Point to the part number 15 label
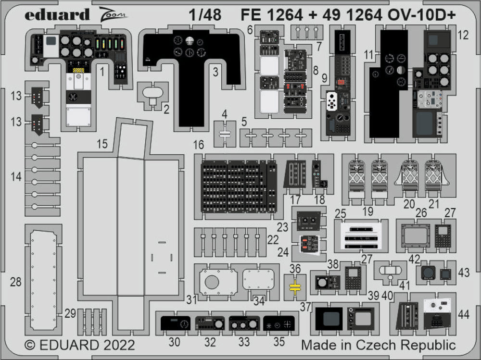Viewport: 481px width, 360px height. pos(102,144)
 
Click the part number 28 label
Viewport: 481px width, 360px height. pos(16,282)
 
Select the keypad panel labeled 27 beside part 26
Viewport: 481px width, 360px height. pos(443,236)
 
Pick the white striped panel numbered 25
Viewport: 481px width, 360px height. pos(360,236)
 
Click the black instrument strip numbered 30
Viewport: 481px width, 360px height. pos(175,323)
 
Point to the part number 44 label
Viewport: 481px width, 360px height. pos(464,314)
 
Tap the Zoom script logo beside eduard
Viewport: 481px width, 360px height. pos(114,15)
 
